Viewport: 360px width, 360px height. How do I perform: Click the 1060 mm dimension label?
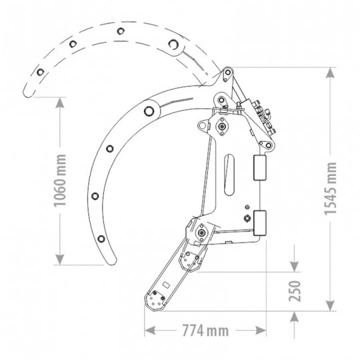tap(60, 181)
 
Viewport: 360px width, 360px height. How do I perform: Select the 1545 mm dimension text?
tap(330, 189)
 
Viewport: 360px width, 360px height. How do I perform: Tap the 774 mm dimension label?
tap(205, 331)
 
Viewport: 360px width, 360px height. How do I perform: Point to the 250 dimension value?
tap(295, 291)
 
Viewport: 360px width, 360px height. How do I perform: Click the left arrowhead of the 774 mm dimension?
tap(150, 331)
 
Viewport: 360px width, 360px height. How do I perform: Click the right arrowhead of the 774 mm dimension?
tap(261, 331)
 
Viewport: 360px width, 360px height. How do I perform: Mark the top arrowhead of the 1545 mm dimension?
tap(330, 73)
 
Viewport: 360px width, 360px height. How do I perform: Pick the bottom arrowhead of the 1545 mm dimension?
tap(330, 305)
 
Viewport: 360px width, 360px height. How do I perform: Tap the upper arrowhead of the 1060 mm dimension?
tap(60, 103)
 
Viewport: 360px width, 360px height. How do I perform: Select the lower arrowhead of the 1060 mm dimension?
tap(60, 259)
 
